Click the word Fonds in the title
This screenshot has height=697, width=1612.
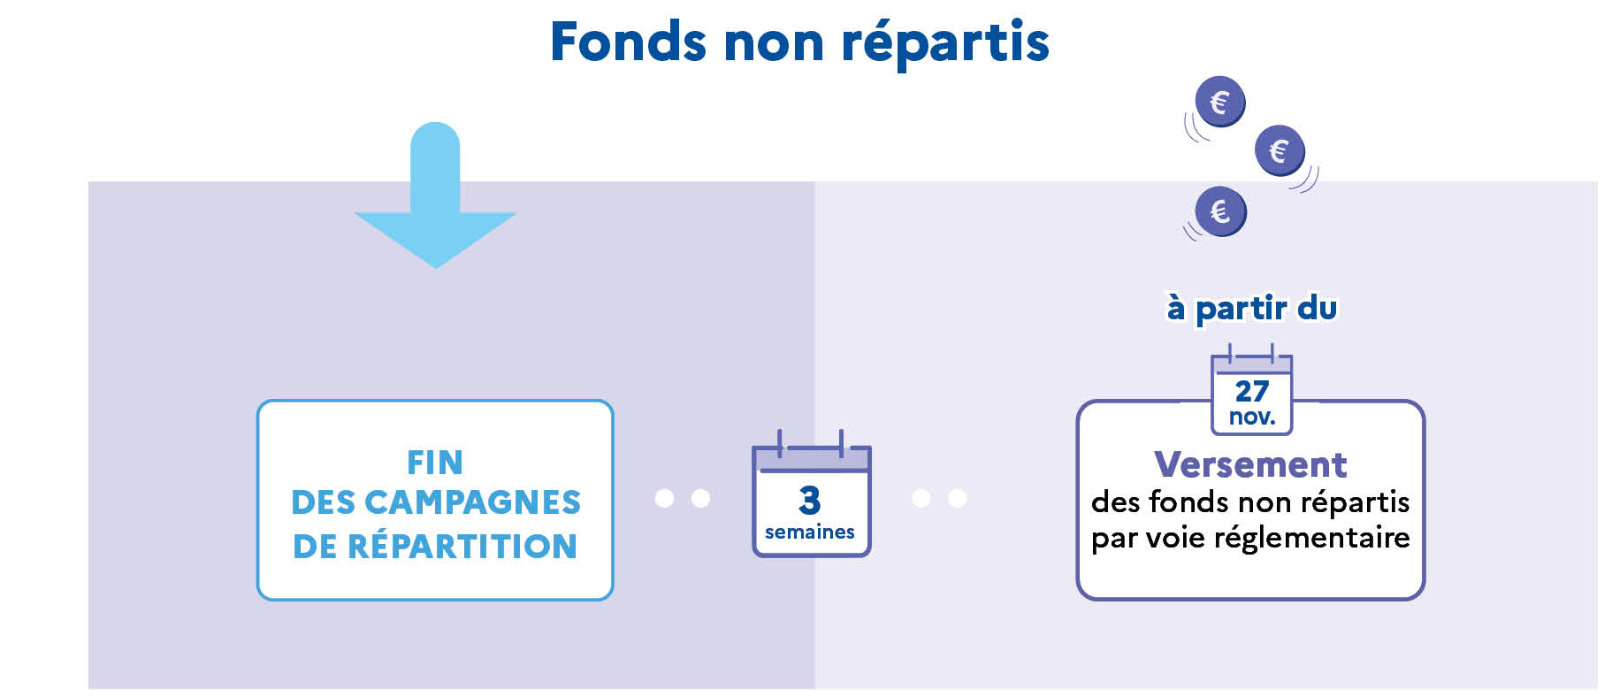tap(628, 42)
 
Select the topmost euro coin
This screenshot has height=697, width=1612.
tap(1219, 102)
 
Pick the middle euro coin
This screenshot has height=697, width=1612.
tap(1279, 150)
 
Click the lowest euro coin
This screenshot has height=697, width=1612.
tap(1219, 211)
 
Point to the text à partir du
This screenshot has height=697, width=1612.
tap(1251, 308)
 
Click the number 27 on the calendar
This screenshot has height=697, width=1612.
tap(1251, 390)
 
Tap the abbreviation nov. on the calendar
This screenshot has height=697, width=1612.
tap(1251, 417)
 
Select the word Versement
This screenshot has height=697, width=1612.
tap(1250, 464)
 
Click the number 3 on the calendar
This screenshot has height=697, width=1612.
tap(809, 500)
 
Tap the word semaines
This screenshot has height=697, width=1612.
tap(810, 532)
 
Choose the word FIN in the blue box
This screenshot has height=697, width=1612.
tap(434, 462)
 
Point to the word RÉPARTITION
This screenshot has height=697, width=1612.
tap(462, 546)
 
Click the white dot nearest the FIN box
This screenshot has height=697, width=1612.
tap(664, 499)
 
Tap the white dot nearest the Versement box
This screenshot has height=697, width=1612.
tap(957, 499)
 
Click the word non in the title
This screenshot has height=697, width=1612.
tap(773, 42)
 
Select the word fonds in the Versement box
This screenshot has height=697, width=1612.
tap(1189, 502)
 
